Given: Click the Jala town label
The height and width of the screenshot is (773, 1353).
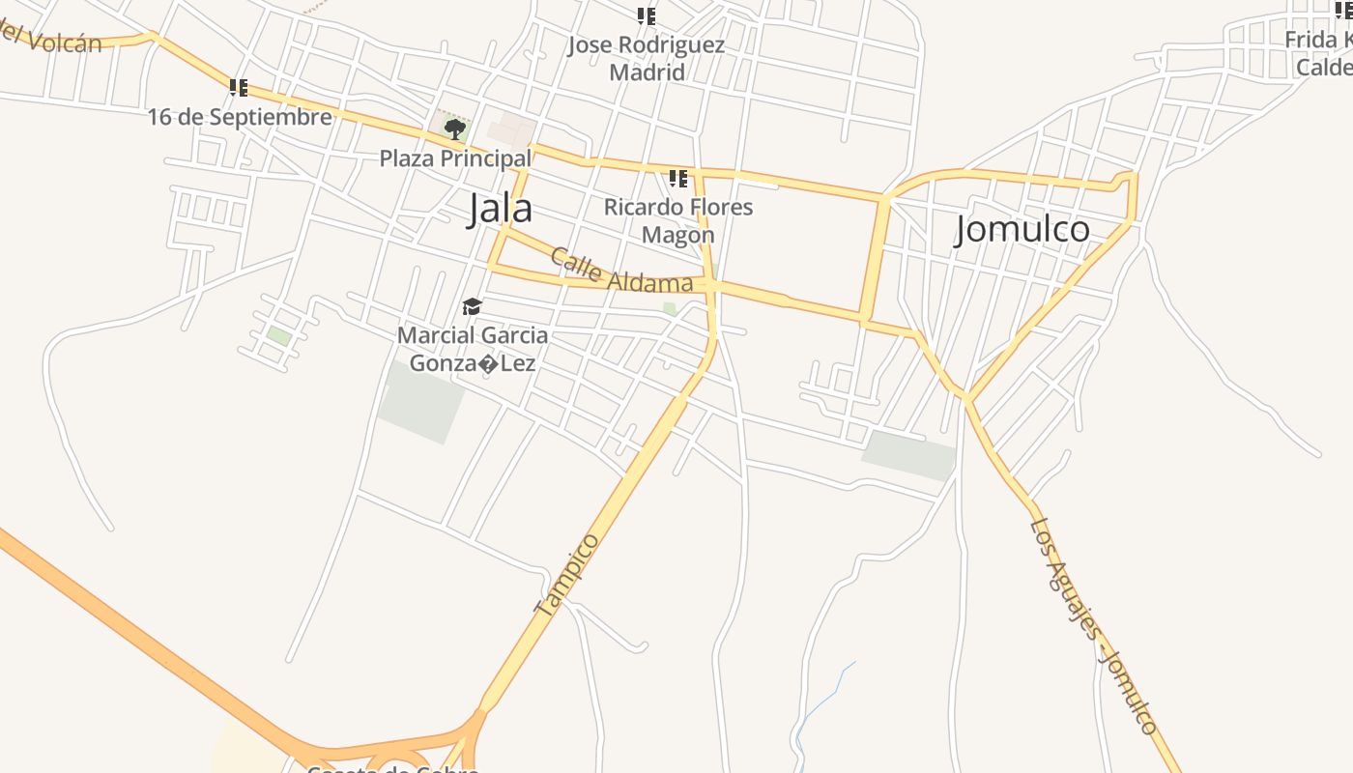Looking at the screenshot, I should [500, 209].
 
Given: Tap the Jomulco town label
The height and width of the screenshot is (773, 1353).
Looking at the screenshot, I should [1022, 229].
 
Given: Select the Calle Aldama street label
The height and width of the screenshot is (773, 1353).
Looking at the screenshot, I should [621, 271].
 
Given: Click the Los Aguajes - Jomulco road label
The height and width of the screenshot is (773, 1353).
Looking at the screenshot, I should [1093, 626].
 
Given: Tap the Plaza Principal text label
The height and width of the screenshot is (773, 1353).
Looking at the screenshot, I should [454, 158].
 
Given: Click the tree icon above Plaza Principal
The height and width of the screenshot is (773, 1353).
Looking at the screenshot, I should [454, 129].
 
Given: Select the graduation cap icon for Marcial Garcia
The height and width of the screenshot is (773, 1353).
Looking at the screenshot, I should [472, 307].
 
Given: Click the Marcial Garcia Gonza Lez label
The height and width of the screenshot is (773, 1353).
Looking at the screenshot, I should [473, 350].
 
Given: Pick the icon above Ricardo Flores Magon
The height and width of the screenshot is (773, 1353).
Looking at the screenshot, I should [678, 179].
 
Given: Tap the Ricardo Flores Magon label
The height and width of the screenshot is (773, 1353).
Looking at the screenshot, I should [678, 220].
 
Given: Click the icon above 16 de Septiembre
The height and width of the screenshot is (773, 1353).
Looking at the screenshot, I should [239, 88].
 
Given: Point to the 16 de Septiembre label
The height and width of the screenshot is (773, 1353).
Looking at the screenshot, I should [240, 117].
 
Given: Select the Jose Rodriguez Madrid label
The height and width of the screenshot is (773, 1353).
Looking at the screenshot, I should [647, 58].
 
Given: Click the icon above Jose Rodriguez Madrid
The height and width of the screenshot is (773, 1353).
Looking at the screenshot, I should [647, 16].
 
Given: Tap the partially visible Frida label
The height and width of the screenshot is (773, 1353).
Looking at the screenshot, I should [1318, 53].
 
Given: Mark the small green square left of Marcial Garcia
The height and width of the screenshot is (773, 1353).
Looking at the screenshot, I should [279, 336].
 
